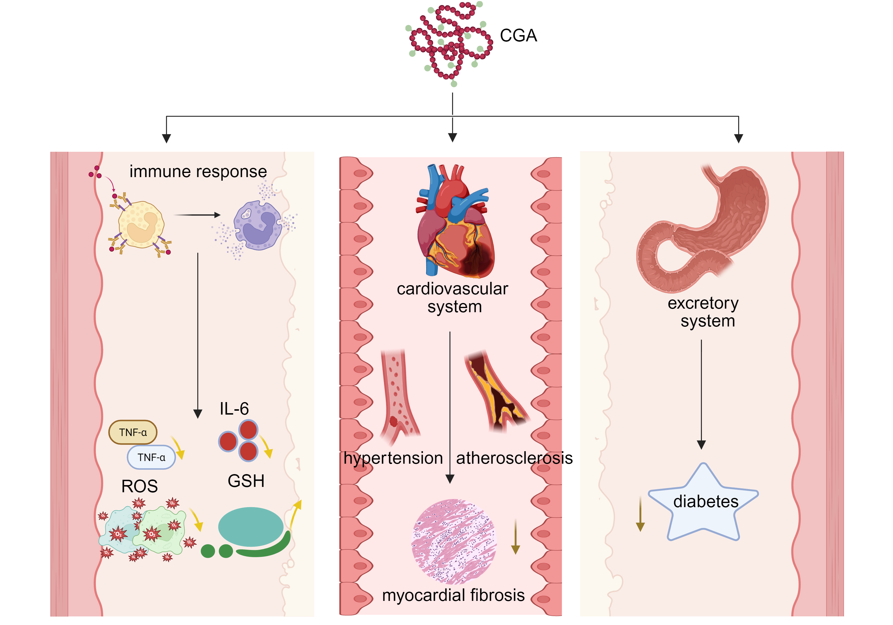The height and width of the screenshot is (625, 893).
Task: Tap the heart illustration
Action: click(455, 222)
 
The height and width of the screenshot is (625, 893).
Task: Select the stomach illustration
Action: click(704, 229)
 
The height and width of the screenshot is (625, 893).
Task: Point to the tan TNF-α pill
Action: click(133, 432)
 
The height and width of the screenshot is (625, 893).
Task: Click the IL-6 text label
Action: click(234, 409)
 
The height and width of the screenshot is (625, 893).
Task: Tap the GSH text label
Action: click(246, 481)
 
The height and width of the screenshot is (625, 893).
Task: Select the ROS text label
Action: click(140, 486)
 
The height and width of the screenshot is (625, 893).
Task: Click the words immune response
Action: click(198, 171)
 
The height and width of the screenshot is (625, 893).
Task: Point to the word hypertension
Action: click(393, 458)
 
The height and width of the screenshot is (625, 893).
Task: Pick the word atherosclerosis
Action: click(514, 458)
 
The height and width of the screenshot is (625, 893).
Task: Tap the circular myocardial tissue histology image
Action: click(454, 541)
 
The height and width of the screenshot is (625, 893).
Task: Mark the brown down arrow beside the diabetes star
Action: click(640, 513)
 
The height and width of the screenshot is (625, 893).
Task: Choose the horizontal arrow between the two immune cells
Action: click(197, 215)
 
